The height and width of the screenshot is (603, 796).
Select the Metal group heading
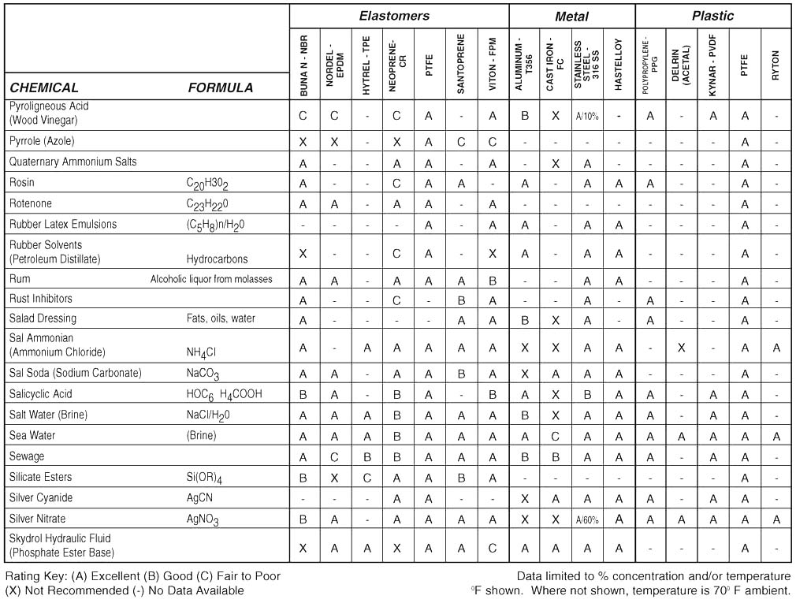point(571,17)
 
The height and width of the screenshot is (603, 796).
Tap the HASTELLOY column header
point(619,62)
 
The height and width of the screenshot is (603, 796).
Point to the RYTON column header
point(776,62)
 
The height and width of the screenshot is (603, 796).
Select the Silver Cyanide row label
point(41,497)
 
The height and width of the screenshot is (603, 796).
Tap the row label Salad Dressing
point(43,318)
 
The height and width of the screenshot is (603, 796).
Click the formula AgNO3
point(203,519)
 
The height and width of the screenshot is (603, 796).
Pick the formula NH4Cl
point(202,353)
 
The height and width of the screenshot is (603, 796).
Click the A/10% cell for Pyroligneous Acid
point(586,116)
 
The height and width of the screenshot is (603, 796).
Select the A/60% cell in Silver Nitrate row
point(586,519)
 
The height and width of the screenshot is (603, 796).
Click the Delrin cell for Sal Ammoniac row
point(681,347)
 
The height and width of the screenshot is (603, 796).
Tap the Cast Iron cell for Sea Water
point(555,436)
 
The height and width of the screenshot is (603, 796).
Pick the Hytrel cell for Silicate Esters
point(366,477)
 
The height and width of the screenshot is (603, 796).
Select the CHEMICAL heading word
point(44,87)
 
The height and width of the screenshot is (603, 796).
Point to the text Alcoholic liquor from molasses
point(211,279)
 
